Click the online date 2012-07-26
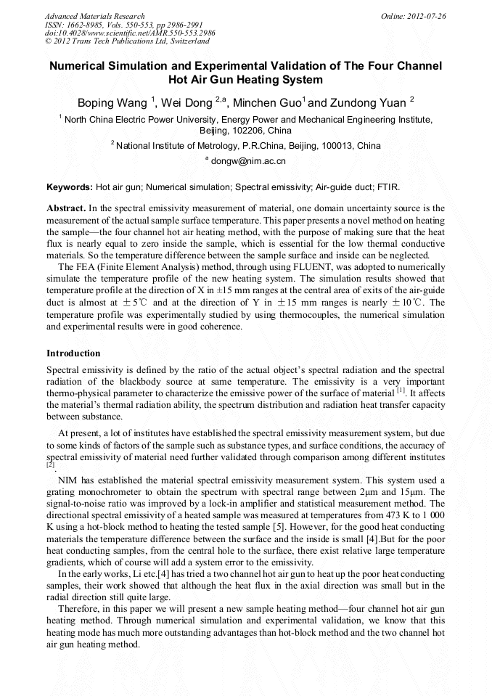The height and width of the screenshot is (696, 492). pos(425,16)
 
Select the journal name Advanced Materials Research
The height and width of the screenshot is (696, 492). pos(95,16)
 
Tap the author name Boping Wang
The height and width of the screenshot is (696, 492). pos(112,102)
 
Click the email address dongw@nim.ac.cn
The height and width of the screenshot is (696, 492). pos(248,161)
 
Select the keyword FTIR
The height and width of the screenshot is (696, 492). pos(388,187)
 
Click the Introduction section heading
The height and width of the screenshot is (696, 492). pos(73,353)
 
